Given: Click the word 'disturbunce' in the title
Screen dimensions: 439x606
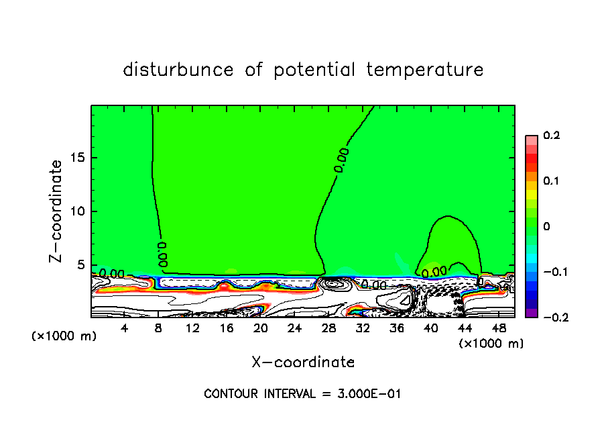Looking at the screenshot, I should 178,70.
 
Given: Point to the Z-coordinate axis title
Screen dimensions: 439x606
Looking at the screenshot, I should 57,211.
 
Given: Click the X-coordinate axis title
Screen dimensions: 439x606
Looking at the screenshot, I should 303,362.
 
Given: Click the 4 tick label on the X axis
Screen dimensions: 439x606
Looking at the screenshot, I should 124,328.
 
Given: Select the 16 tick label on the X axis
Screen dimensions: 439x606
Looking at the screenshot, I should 227,328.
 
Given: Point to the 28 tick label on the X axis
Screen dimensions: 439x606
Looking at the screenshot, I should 328,328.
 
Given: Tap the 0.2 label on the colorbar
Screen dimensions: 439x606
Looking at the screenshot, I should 551,136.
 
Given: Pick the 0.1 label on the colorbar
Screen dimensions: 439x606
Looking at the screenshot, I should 551,181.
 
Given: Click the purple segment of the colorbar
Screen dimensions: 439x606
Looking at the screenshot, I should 532,312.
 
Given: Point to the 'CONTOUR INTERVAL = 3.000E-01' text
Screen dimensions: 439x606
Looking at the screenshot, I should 302,393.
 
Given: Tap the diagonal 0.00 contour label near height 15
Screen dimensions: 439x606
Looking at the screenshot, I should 342,162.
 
